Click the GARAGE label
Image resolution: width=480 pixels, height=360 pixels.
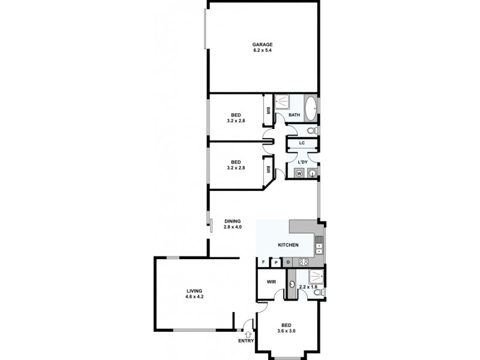pos(262,44)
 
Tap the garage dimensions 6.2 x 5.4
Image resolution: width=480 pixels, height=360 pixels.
pos(262,50)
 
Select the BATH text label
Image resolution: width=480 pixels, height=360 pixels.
pos(294,115)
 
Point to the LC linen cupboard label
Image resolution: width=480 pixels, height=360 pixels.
pos(302,143)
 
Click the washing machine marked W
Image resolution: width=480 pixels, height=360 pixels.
pos(299,173)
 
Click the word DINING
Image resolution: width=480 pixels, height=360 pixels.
pos(233,221)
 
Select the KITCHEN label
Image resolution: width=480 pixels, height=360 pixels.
pos(287,245)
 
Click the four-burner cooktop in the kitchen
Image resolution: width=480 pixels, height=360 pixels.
pos(303,262)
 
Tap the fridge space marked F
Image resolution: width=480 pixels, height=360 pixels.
pos(263,262)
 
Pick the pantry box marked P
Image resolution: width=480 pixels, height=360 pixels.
pos(276,262)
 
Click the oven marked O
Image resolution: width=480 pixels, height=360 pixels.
pos(288,262)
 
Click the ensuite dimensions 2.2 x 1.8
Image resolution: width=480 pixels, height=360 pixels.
pos(307,287)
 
